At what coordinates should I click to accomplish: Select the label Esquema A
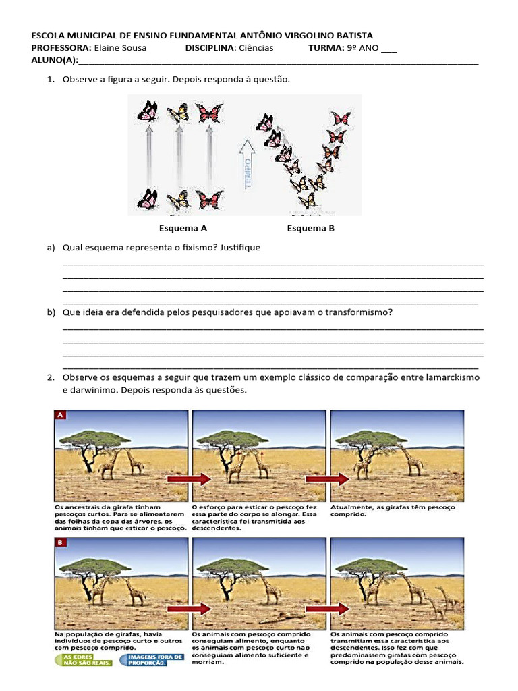pyautogui.click(x=183, y=228)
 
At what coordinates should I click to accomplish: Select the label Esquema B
pyautogui.click(x=310, y=228)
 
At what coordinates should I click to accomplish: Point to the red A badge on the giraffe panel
pyautogui.click(x=60, y=415)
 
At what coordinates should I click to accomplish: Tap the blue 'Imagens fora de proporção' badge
pyautogui.click(x=142, y=659)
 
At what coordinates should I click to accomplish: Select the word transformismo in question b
pyautogui.click(x=357, y=312)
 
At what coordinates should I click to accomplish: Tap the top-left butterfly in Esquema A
pyautogui.click(x=147, y=110)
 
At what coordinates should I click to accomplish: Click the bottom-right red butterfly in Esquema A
pyautogui.click(x=209, y=200)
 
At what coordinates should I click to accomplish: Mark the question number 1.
pyautogui.click(x=50, y=80)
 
